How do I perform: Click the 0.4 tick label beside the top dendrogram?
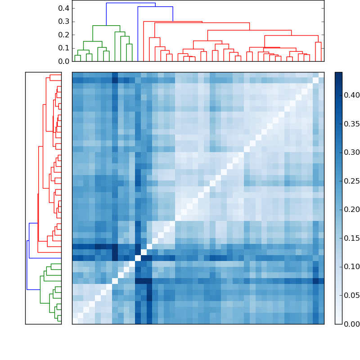[x=64, y=8]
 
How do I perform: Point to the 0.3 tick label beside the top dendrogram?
[x=64, y=22]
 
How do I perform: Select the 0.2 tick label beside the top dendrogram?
[x=64, y=35]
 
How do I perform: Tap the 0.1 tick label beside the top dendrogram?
[x=64, y=48]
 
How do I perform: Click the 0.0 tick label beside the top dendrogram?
[x=64, y=61]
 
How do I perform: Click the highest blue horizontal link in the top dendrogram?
[x=130, y=3]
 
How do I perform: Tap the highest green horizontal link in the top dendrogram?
[x=106, y=26]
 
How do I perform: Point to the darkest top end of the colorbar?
[x=338, y=74]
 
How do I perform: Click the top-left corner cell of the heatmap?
[x=75, y=75]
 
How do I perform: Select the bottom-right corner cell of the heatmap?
[x=321, y=321]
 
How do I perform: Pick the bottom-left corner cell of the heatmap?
[x=75, y=321]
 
